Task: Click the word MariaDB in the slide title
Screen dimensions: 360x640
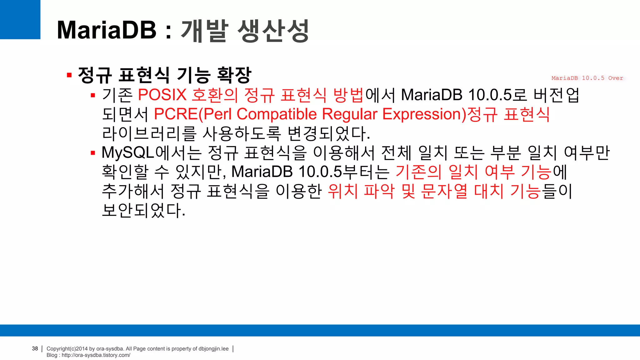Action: (106, 30)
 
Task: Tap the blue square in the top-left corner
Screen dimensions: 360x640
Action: (20, 19)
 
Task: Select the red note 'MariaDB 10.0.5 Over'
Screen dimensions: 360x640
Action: (587, 78)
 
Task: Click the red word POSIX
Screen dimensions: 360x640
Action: (162, 95)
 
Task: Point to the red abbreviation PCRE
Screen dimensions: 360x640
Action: (176, 114)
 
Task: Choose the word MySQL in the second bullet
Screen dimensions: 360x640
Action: (128, 153)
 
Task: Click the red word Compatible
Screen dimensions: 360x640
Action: (277, 114)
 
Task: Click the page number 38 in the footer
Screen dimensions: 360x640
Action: (35, 348)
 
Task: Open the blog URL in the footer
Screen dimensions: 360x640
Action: (96, 355)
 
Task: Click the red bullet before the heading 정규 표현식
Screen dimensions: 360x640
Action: (69, 75)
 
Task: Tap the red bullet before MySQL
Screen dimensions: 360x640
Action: (93, 153)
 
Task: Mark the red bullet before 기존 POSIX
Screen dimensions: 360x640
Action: (93, 96)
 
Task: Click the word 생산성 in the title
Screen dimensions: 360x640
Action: (273, 31)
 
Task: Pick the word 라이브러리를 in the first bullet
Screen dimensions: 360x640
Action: (149, 134)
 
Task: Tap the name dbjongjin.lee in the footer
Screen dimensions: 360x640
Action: (213, 349)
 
